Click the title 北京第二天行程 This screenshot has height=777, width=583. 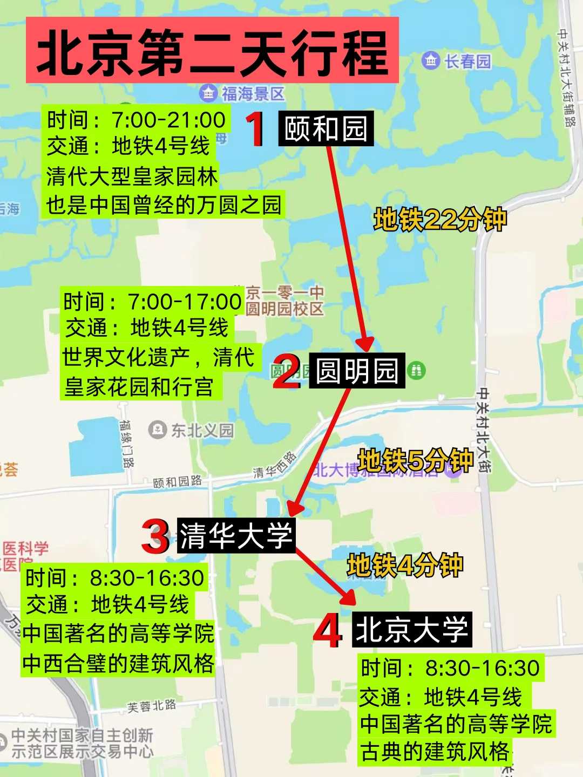tap(212, 51)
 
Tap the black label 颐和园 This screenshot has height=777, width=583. tap(326, 129)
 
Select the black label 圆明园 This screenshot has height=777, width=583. tap(357, 371)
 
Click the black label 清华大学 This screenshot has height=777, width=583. tap(236, 536)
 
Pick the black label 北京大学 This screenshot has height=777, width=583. tap(412, 630)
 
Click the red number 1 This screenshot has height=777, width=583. tap(255, 129)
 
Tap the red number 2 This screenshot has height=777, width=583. tap(286, 371)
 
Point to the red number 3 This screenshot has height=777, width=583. tap(155, 536)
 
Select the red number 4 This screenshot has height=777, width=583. tap(328, 630)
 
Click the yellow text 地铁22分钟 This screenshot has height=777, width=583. tap(440, 220)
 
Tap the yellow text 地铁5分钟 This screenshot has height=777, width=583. tap(416, 461)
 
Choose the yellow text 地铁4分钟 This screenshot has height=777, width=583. tap(405, 565)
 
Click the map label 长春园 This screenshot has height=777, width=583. tap(467, 61)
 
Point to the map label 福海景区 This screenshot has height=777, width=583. tap(253, 94)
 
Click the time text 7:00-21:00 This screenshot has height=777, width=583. tap(168, 120)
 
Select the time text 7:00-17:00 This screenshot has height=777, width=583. tap(185, 302)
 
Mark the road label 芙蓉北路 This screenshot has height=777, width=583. tap(152, 706)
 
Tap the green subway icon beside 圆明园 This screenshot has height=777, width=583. tap(416, 370)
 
